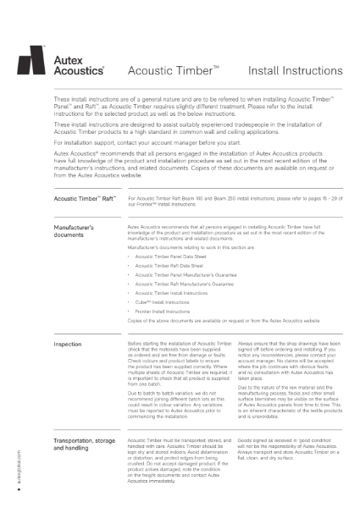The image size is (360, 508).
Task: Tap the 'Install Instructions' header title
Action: coord(291,72)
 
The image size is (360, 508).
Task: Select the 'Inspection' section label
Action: coord(68,345)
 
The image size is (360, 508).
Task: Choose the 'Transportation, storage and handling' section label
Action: coord(87,445)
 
